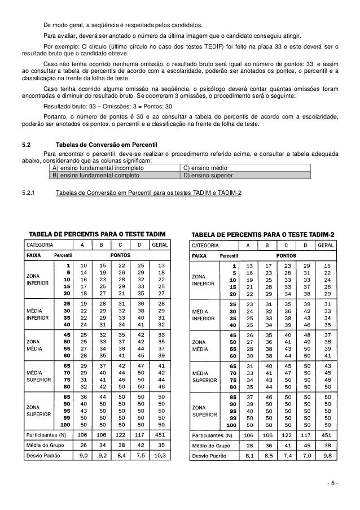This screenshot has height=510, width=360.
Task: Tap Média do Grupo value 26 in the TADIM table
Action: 84,445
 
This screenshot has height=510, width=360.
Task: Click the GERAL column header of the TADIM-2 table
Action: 325,246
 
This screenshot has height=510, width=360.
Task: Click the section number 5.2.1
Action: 29,194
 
